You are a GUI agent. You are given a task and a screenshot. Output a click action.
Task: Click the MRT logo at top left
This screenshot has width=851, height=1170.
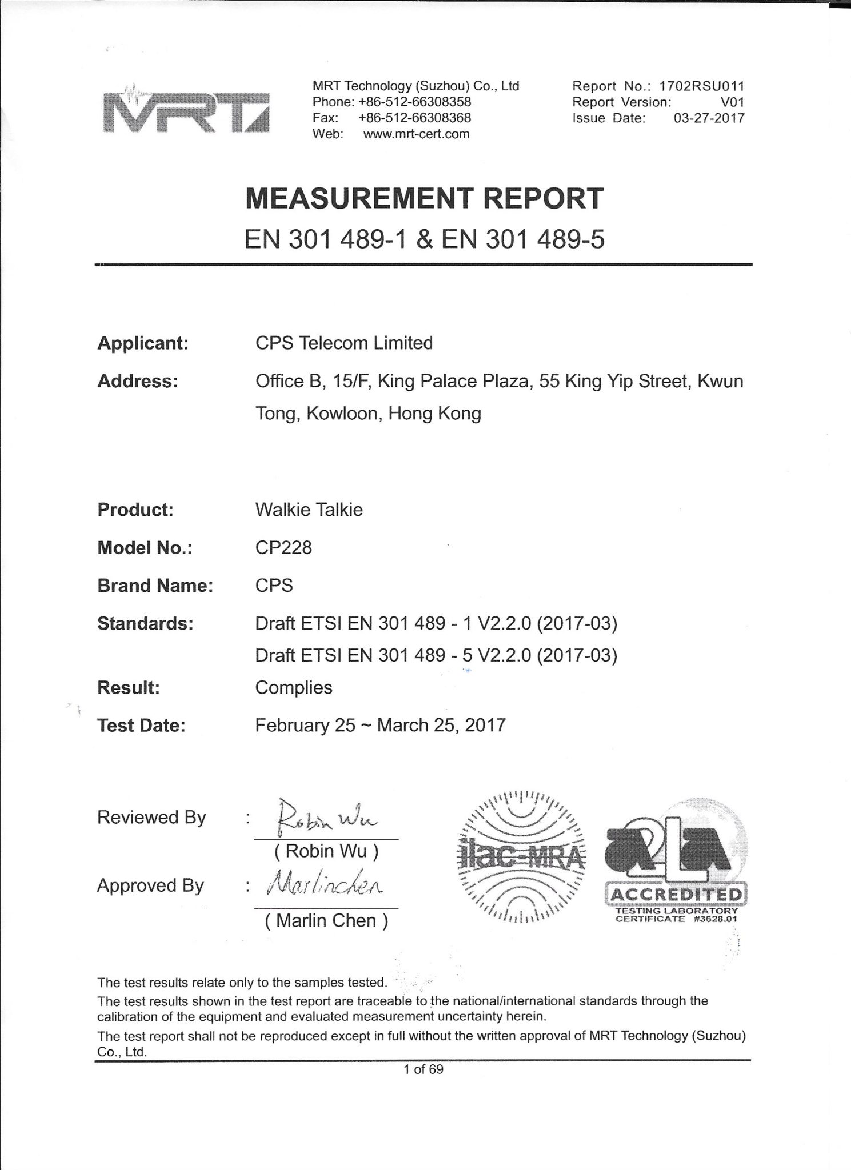184,113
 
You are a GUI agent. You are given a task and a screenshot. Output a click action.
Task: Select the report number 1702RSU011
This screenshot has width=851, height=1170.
702,86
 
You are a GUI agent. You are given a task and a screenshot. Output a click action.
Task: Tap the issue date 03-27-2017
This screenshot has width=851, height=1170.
709,118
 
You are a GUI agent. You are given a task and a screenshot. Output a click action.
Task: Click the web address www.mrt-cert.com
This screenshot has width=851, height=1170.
416,134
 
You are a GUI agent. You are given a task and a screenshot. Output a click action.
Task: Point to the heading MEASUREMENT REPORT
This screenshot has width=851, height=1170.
424,198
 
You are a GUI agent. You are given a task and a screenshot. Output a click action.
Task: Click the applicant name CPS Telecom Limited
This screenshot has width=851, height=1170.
344,343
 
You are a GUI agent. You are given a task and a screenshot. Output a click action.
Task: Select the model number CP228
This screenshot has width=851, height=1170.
283,547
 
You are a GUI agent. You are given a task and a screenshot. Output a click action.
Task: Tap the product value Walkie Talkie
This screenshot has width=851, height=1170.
309,509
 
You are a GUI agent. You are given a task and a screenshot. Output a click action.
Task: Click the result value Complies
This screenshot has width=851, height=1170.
294,687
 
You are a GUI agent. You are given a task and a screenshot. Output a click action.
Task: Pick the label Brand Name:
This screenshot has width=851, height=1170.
155,586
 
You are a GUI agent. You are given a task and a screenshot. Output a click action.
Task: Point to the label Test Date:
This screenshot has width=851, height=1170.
141,726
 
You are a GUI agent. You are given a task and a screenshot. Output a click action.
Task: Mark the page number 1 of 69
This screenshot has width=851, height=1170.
423,1069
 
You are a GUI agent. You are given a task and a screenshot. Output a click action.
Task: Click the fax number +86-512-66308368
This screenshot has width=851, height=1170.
414,118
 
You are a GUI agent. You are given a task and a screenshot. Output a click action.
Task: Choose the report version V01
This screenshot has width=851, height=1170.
733,102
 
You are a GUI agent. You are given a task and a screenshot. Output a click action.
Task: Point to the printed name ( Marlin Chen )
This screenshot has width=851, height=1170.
326,920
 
